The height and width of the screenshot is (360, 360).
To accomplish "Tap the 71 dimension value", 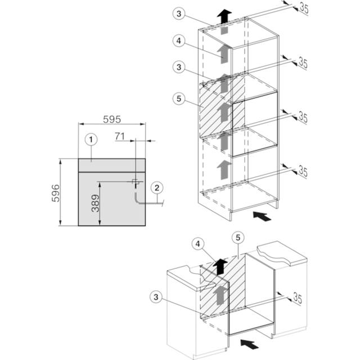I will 119,136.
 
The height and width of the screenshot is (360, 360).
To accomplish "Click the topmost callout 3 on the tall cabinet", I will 178,14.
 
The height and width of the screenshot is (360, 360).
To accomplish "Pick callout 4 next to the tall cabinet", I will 178,40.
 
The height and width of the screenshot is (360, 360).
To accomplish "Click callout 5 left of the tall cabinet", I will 178,97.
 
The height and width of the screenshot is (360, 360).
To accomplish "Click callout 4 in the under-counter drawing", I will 196,244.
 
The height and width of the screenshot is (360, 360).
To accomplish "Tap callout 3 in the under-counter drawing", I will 156,296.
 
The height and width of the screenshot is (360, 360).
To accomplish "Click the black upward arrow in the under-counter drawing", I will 222,264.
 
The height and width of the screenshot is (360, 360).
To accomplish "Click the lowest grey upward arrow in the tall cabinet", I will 223,167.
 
